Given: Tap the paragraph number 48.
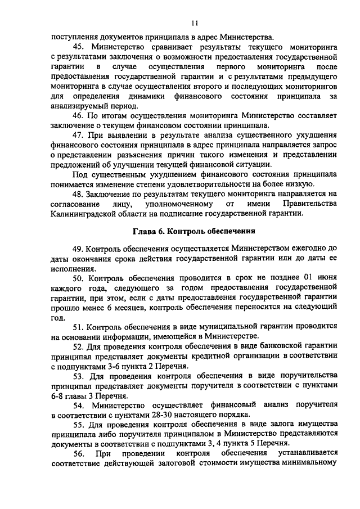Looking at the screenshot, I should [79, 193].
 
